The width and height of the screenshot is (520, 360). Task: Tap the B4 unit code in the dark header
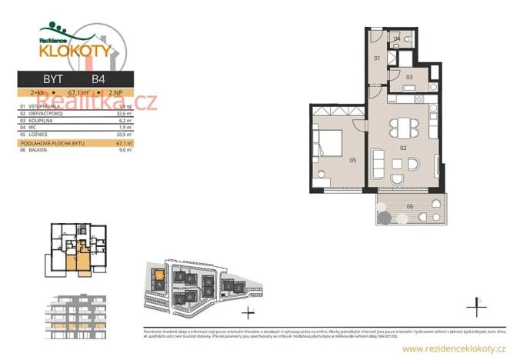98,78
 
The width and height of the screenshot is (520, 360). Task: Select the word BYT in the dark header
53,78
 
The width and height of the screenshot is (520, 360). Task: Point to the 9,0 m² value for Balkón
125,150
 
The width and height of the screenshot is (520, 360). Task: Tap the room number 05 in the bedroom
352,160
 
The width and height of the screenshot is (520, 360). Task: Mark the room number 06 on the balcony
409,206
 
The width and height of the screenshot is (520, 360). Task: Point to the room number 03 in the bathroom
409,77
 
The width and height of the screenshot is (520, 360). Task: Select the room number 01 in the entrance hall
377,58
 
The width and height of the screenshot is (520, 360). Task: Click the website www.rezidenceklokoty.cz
455,349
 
